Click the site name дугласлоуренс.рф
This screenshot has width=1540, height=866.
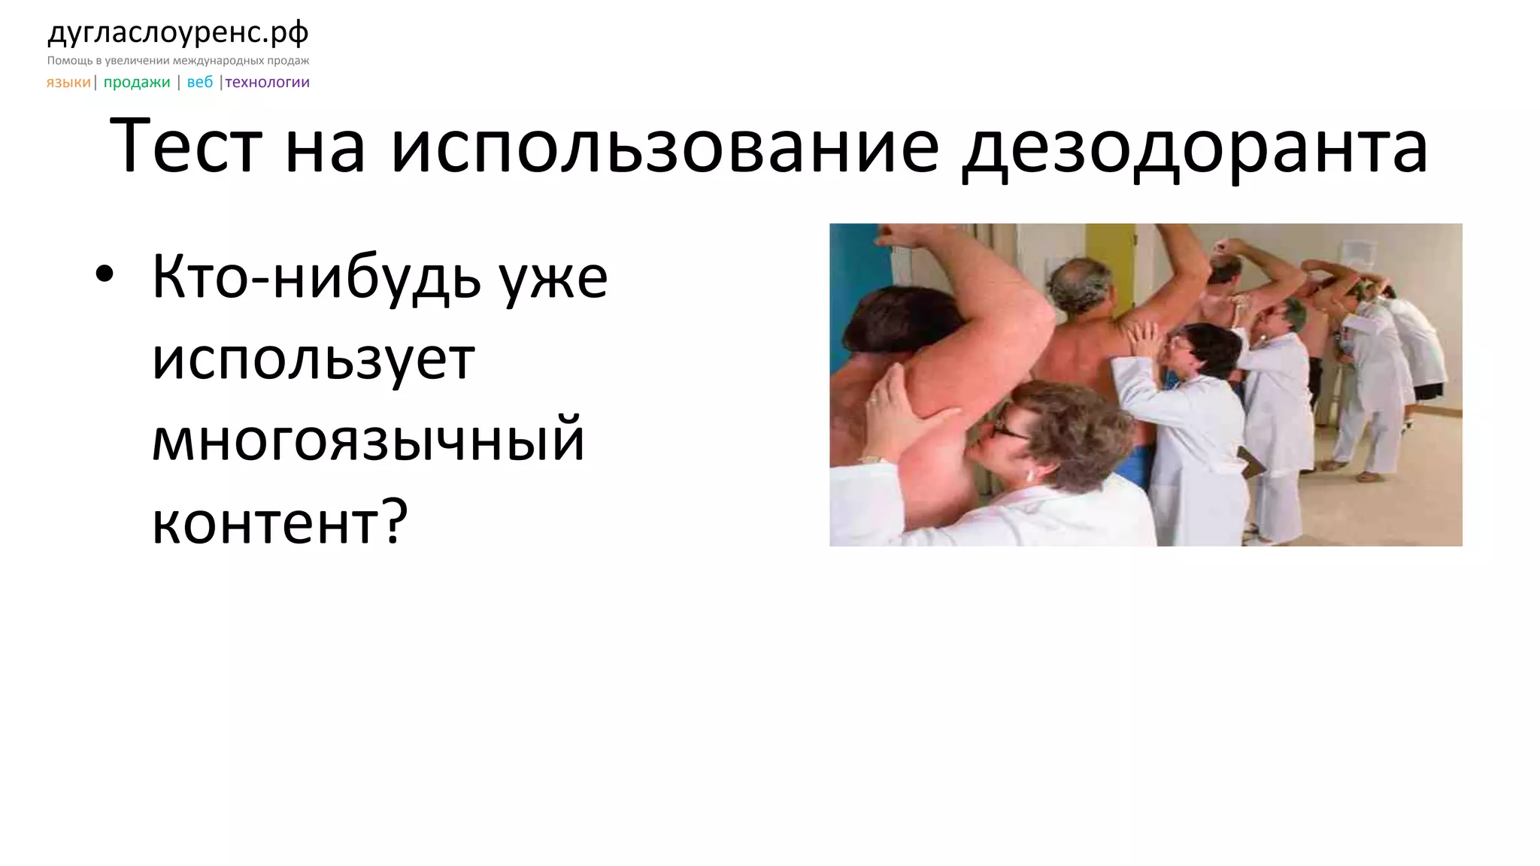click(178, 33)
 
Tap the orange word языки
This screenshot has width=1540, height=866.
click(68, 82)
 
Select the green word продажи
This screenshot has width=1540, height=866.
click(137, 82)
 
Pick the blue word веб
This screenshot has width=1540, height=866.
click(200, 82)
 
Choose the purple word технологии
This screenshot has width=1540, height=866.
click(268, 82)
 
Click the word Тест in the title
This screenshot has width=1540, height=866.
click(186, 147)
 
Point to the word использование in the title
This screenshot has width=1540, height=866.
click(665, 147)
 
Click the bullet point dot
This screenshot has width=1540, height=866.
click(105, 275)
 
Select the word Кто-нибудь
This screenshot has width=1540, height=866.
click(317, 277)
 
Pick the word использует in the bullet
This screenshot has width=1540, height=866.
click(314, 359)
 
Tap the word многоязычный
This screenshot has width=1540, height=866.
click(368, 441)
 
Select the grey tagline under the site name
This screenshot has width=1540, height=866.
click(178, 60)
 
